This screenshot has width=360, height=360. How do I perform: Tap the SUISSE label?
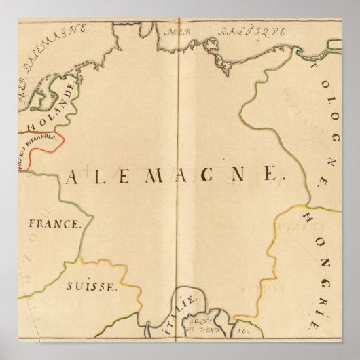pyautogui.click(x=92, y=287)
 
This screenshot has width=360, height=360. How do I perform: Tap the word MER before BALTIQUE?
pyautogui.click(x=181, y=32)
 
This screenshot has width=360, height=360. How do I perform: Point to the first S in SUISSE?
pyautogui.click(x=71, y=287)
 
